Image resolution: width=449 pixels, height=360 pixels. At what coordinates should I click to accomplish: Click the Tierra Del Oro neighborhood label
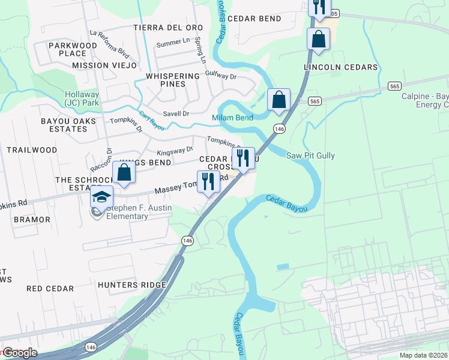[168, 28]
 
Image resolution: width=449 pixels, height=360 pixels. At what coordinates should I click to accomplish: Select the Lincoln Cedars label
[340, 67]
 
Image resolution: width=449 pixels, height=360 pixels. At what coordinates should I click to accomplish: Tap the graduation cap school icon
[101, 197]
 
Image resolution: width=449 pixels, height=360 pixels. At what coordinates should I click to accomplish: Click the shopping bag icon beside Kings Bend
[124, 172]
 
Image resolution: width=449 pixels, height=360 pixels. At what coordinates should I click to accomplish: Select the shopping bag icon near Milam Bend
[279, 100]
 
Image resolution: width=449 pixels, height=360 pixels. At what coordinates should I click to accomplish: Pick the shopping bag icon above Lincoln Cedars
[319, 40]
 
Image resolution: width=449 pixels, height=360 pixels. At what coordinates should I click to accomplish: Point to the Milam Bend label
[232, 118]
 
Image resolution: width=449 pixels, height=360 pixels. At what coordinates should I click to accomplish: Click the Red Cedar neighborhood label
[50, 289]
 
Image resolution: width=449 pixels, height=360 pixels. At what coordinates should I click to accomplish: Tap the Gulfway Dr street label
[221, 77]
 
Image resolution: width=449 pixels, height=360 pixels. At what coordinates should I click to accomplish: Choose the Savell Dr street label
[176, 113]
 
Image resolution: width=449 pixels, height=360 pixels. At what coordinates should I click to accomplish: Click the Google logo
[20, 353]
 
